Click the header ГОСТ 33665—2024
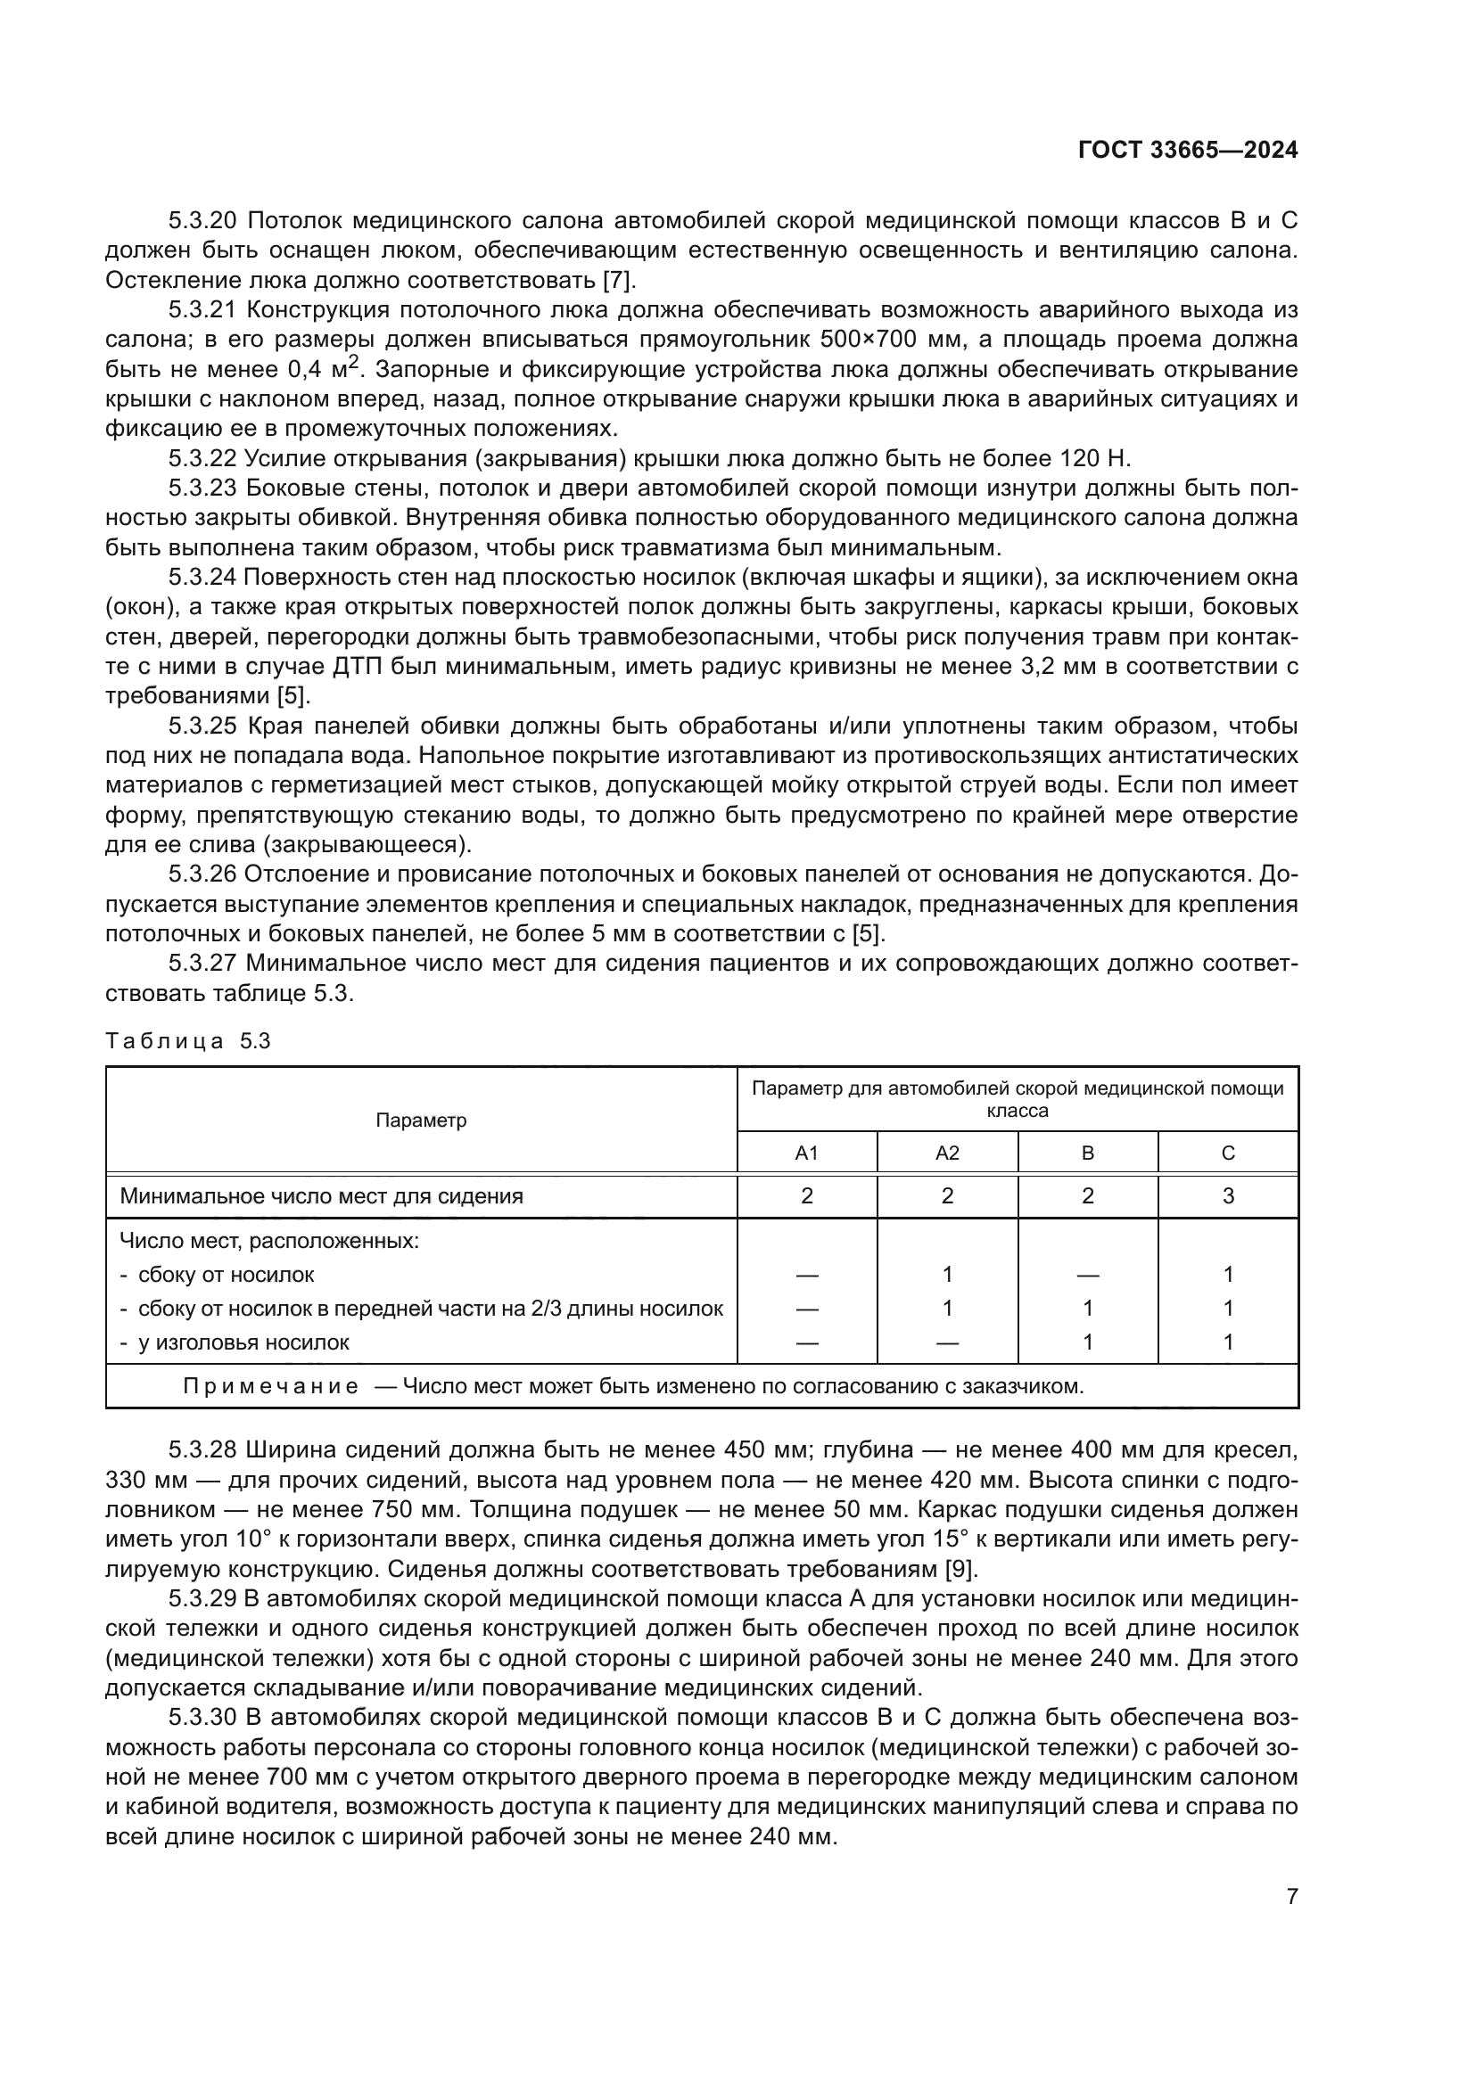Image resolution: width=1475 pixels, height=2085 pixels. click(1187, 151)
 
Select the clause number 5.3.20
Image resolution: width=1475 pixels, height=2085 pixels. click(202, 221)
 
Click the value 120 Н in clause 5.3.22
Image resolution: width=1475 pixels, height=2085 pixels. click(1094, 457)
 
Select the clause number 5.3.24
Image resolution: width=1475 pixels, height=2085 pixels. click(202, 577)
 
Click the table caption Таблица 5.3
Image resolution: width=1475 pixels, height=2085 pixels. click(188, 1040)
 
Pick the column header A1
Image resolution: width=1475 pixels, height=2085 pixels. click(806, 1153)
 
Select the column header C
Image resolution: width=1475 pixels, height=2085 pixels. click(1228, 1153)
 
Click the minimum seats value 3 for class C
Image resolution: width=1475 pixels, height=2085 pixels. click(1228, 1196)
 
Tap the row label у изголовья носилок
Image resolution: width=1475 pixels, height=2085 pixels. click(243, 1342)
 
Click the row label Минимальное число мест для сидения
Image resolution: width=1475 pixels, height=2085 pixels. click(322, 1196)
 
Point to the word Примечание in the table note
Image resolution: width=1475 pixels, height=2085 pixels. click(269, 1387)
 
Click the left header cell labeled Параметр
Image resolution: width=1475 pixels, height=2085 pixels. click(421, 1120)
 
